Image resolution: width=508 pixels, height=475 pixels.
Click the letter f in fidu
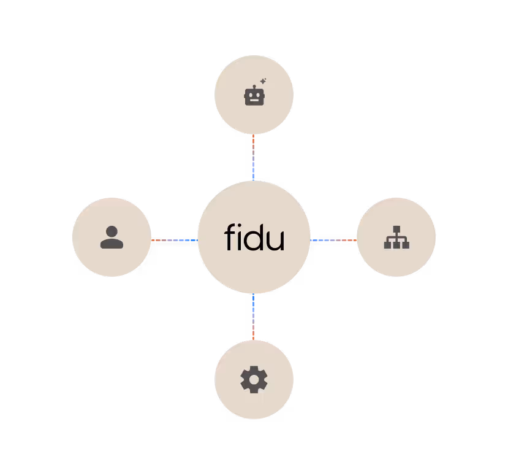coord(229,237)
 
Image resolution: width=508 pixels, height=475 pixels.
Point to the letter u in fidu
coord(276,240)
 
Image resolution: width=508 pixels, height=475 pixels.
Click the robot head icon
coord(254,96)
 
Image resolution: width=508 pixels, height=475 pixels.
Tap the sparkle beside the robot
coord(263,81)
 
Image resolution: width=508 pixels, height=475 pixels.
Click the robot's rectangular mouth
coord(254,101)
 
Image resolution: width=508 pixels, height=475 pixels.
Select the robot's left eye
coord(250,95)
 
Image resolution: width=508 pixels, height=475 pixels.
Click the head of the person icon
coord(112,231)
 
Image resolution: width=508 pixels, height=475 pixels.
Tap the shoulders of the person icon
coord(112,243)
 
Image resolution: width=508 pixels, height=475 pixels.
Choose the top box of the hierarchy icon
coord(396,229)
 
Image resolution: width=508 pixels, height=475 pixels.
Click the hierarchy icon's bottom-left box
coord(388,245)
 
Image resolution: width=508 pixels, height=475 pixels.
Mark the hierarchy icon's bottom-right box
coord(405,245)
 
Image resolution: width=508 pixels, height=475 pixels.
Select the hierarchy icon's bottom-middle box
coord(396,245)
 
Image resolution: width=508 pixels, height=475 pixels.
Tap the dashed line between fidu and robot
coord(253,157)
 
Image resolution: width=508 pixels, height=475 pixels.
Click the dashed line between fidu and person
coord(174,240)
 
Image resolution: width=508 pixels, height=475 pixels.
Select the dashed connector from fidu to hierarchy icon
coord(333,240)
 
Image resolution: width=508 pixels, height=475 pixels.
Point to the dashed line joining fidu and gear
coord(253,317)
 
